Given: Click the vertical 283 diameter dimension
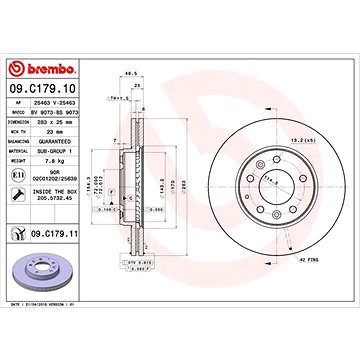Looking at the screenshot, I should pyautogui.click(x=183, y=186).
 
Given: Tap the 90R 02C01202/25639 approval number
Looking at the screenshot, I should pyautogui.click(x=62, y=177).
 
